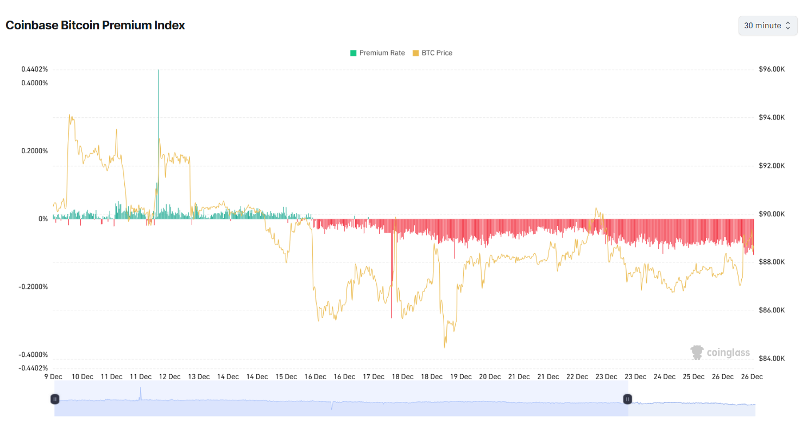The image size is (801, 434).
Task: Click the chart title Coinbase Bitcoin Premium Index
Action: [x=95, y=25]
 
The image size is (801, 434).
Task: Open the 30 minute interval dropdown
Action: [x=767, y=26]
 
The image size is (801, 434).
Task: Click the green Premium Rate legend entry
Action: [x=377, y=53]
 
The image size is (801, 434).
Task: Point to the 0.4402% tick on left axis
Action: [x=35, y=70]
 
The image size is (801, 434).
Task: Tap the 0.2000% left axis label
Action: [x=35, y=151]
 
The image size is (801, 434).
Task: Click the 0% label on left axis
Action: [x=43, y=219]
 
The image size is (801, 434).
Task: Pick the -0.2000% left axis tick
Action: [x=34, y=287]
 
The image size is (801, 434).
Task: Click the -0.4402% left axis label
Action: [x=34, y=368]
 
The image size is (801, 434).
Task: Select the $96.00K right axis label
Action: [x=772, y=70]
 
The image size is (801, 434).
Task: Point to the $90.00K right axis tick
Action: [x=772, y=214]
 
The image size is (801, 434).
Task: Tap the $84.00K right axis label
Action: [x=772, y=358]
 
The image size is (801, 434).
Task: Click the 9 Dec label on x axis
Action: [x=53, y=376]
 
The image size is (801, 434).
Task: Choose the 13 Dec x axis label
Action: [x=199, y=376]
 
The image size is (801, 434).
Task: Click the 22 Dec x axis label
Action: [x=577, y=376]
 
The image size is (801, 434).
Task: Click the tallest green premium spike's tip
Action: [x=159, y=71]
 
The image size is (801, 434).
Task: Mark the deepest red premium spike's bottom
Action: [x=391, y=318]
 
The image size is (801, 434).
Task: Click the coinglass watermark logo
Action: [x=721, y=353]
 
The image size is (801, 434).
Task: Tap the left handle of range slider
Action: [x=55, y=399]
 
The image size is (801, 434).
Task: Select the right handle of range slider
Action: [x=628, y=399]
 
